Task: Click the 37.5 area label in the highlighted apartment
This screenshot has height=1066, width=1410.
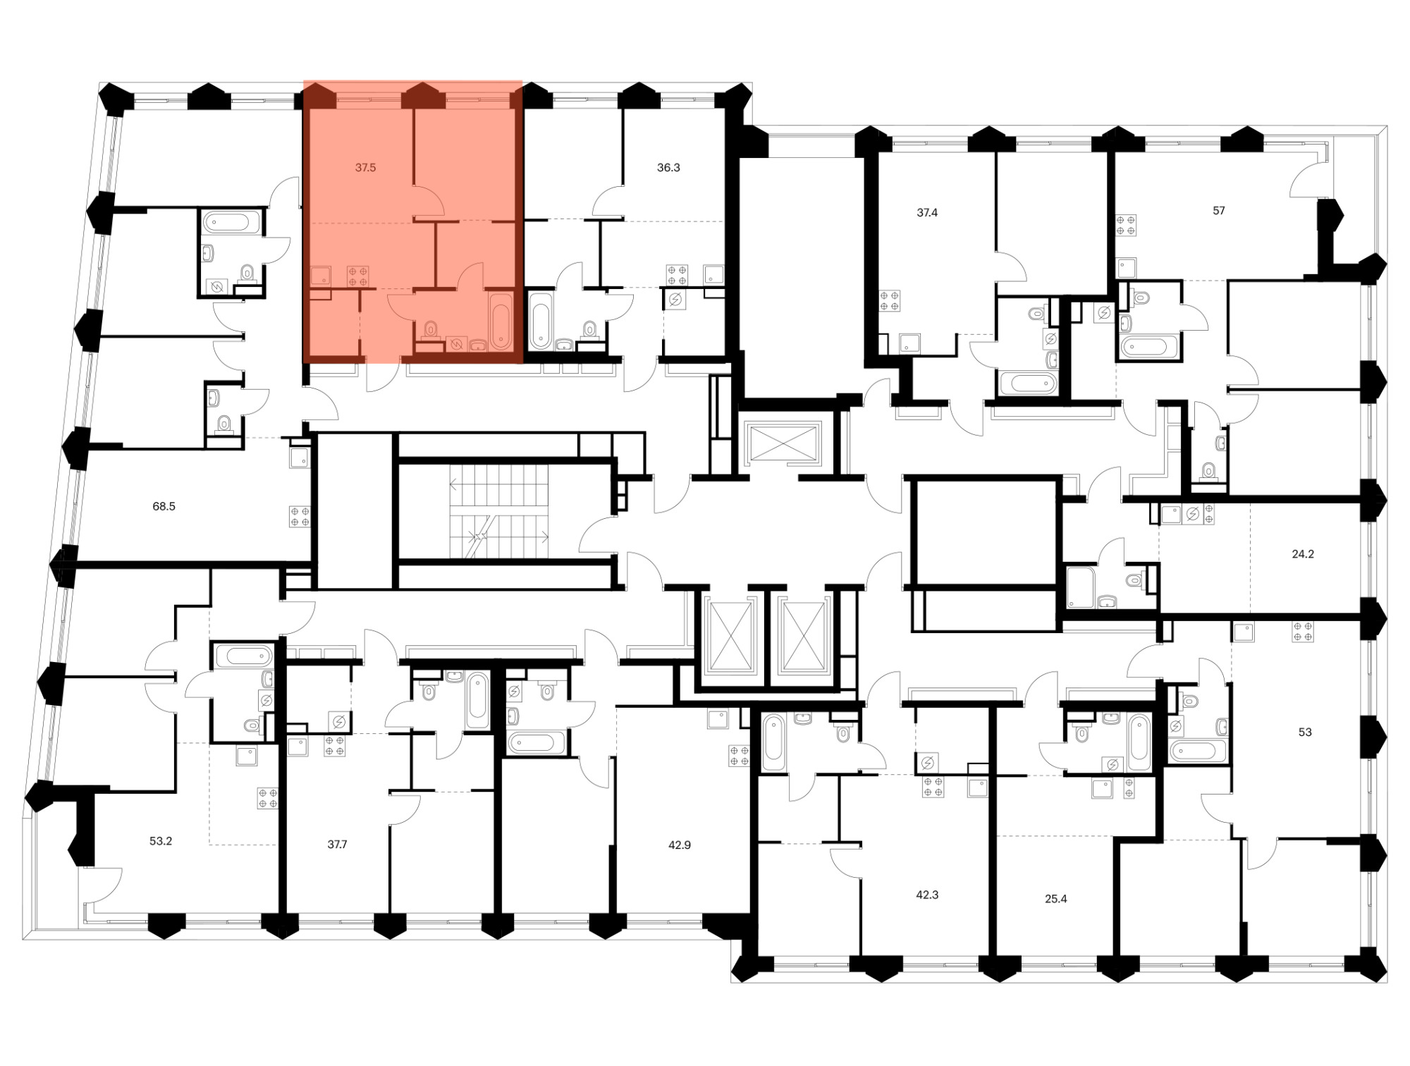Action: [365, 168]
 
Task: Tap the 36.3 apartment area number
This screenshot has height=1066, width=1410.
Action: [668, 168]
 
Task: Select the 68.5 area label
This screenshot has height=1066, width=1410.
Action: [164, 506]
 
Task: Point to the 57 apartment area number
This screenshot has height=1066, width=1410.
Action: [1219, 210]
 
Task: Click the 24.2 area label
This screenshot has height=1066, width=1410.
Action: [1303, 554]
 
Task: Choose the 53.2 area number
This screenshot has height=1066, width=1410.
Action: [161, 841]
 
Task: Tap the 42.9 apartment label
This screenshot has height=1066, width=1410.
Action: [680, 845]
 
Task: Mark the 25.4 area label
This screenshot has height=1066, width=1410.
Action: [1055, 899]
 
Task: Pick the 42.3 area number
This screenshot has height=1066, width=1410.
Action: [927, 895]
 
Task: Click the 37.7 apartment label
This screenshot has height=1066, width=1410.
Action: [337, 844]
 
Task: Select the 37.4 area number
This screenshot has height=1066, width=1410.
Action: [927, 212]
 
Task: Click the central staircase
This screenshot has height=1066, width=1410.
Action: [499, 511]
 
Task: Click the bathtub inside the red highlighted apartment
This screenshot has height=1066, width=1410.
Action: [501, 321]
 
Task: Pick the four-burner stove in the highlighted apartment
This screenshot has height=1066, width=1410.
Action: [358, 276]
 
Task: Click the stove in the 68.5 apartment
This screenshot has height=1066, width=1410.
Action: [300, 517]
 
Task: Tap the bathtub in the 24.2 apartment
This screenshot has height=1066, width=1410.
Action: [1080, 587]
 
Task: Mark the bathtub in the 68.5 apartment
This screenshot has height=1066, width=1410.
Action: [231, 223]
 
